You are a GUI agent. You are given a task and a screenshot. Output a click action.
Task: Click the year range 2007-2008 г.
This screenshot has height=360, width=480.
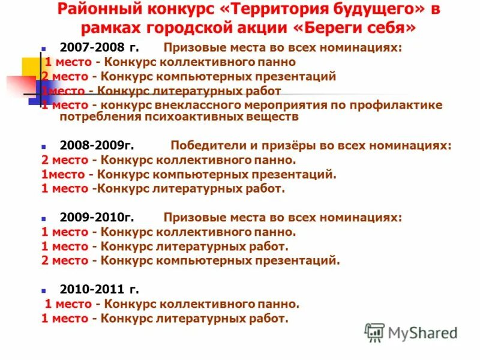[x=99, y=48]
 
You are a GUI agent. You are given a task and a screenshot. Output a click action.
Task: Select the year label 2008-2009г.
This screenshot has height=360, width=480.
[x=97, y=145]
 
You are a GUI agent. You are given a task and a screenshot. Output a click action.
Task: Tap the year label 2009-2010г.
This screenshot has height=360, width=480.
[x=97, y=217]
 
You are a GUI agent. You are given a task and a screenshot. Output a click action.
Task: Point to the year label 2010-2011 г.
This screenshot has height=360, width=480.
[x=99, y=289]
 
